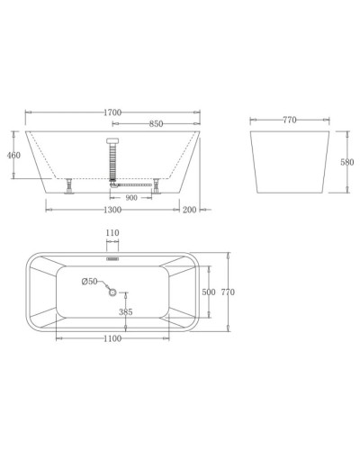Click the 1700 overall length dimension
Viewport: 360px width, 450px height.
click(x=112, y=112)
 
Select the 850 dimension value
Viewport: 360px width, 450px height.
click(x=157, y=124)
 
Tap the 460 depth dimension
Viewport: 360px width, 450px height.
click(x=13, y=156)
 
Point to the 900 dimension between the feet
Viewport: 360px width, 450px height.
click(x=131, y=198)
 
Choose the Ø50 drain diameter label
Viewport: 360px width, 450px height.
click(x=89, y=282)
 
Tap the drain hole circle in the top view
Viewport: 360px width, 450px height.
click(x=112, y=290)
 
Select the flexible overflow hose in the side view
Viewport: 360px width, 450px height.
click(x=112, y=162)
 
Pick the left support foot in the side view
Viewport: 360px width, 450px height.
click(x=68, y=186)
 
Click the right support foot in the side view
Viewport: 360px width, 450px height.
click(x=157, y=186)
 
